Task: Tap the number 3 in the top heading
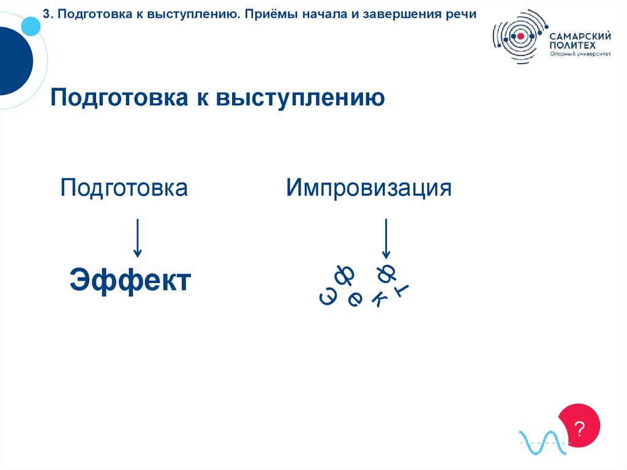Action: [x=46, y=13]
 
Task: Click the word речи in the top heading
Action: [x=463, y=13]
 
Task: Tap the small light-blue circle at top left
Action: [x=30, y=26]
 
